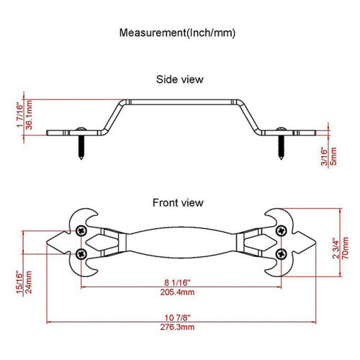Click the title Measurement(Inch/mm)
tap(177, 32)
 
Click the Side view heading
tap(180, 79)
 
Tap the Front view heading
tap(178, 203)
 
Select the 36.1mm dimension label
tap(29, 115)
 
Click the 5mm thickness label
tap(333, 156)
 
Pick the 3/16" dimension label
tap(324, 157)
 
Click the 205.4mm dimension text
tap(177, 292)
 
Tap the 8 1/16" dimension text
tap(177, 282)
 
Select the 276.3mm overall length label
tap(177, 327)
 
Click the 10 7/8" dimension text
tap(177, 318)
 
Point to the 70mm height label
tap(346, 248)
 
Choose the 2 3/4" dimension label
tap(336, 248)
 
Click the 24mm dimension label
tap(29, 282)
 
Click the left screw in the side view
tap(81, 143)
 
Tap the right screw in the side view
tap(281, 143)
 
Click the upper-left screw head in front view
tap(81, 231)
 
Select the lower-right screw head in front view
tap(282, 254)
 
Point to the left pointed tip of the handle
tap(47, 243)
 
